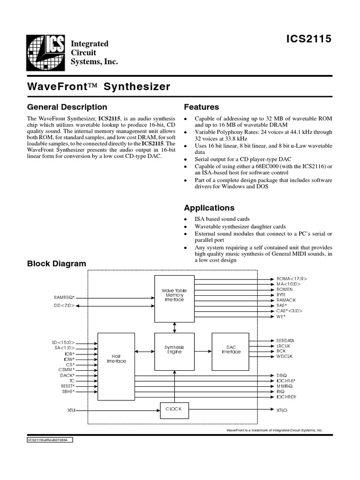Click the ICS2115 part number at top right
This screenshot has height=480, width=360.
(x=309, y=39)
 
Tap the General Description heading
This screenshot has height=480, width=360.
(x=67, y=107)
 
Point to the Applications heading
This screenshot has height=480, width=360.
(x=209, y=208)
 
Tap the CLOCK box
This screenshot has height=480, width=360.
(x=174, y=409)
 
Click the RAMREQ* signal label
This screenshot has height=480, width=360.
(x=64, y=297)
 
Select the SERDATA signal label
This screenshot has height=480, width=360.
(x=286, y=340)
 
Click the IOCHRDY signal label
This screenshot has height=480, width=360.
(x=286, y=397)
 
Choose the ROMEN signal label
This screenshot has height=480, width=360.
(x=285, y=290)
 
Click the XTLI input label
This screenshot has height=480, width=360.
(x=71, y=410)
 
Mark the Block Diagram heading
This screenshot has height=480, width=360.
(x=57, y=264)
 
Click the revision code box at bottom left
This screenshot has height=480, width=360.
(x=49, y=440)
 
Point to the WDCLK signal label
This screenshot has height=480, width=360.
(x=285, y=357)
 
